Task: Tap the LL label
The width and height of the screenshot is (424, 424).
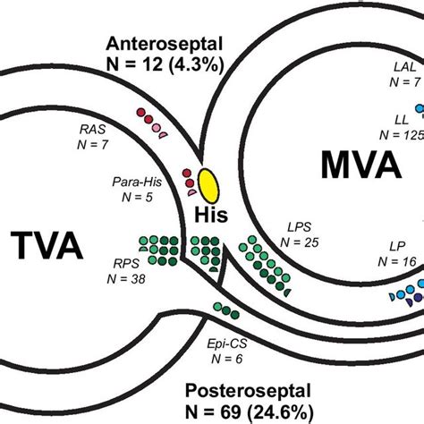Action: (404, 118)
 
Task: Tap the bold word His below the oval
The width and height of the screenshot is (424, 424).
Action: (211, 215)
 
